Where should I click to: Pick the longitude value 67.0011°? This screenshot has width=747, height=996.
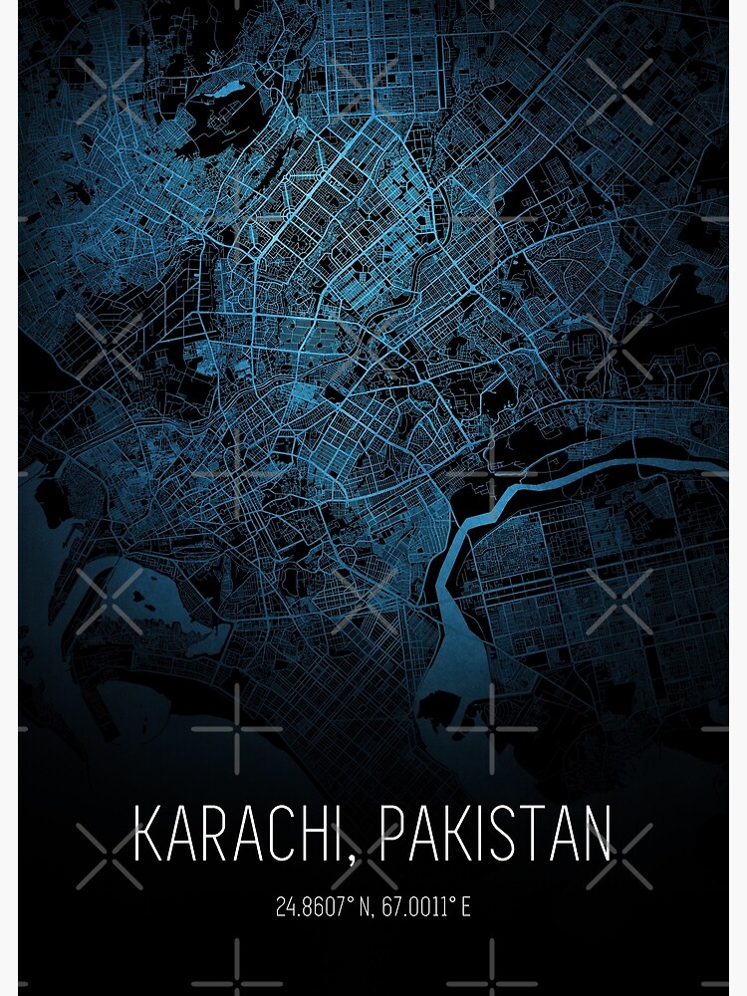409,907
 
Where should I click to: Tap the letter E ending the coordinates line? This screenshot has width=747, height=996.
465,907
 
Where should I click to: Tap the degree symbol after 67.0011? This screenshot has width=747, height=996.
453,901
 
